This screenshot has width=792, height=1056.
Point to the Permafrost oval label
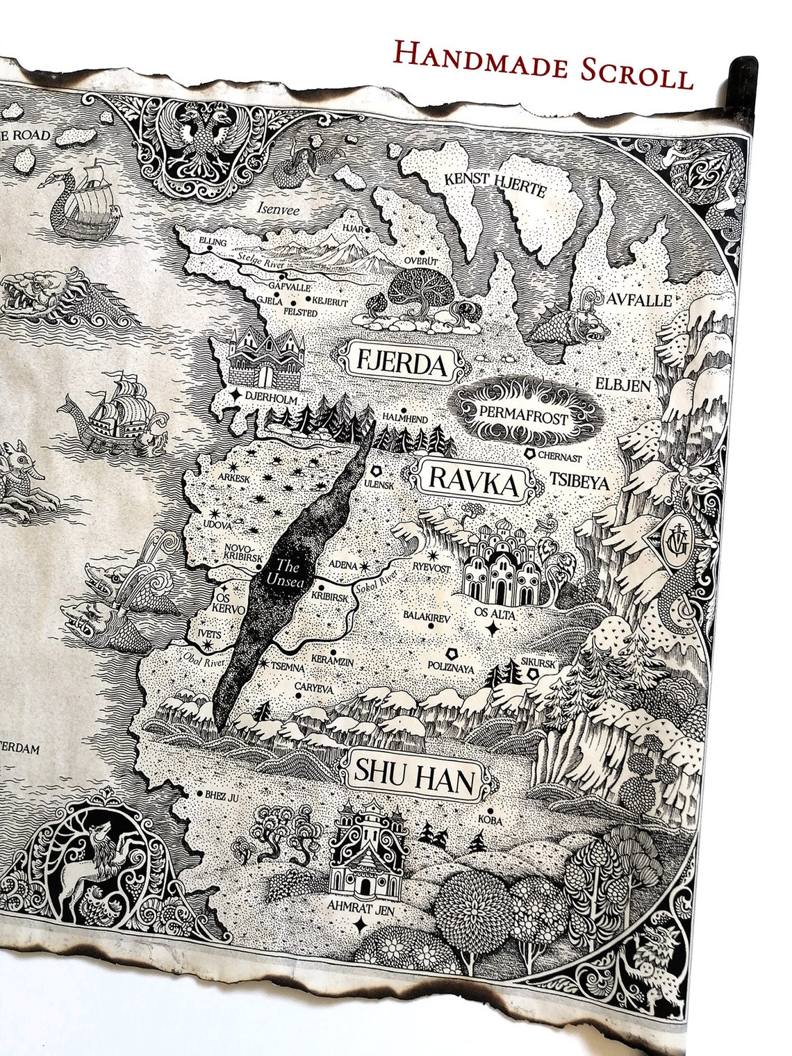523,418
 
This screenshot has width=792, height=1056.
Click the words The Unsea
286,572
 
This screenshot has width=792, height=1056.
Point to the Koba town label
490,821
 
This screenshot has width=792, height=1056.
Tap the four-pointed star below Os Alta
493,629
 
